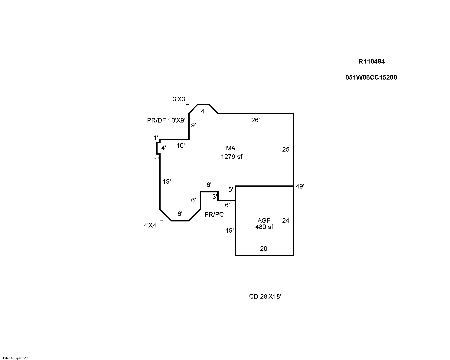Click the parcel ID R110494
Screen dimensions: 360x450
click(x=372, y=61)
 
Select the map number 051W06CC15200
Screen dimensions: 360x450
click(x=371, y=77)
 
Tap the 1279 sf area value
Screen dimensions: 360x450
click(x=232, y=157)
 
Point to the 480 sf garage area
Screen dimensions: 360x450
click(x=264, y=227)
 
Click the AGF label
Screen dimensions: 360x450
click(x=264, y=221)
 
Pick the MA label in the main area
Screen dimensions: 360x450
click(x=230, y=148)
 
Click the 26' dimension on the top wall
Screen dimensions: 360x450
click(x=256, y=120)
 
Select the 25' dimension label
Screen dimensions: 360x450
click(x=286, y=149)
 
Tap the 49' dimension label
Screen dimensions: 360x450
click(x=300, y=186)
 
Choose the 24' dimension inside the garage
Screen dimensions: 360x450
click(x=286, y=221)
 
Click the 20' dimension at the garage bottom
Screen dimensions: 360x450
click(x=264, y=249)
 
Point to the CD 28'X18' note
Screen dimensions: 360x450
click(x=265, y=296)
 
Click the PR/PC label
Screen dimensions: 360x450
click(x=214, y=215)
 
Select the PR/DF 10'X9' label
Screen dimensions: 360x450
click(x=166, y=120)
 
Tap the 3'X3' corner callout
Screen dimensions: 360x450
click(x=180, y=99)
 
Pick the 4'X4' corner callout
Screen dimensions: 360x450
click(x=151, y=225)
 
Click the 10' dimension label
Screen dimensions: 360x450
click(x=181, y=146)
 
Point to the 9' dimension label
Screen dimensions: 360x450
click(x=194, y=125)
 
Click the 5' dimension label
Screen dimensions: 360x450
click(x=230, y=190)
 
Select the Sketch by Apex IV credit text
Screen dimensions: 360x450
click(x=15, y=358)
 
